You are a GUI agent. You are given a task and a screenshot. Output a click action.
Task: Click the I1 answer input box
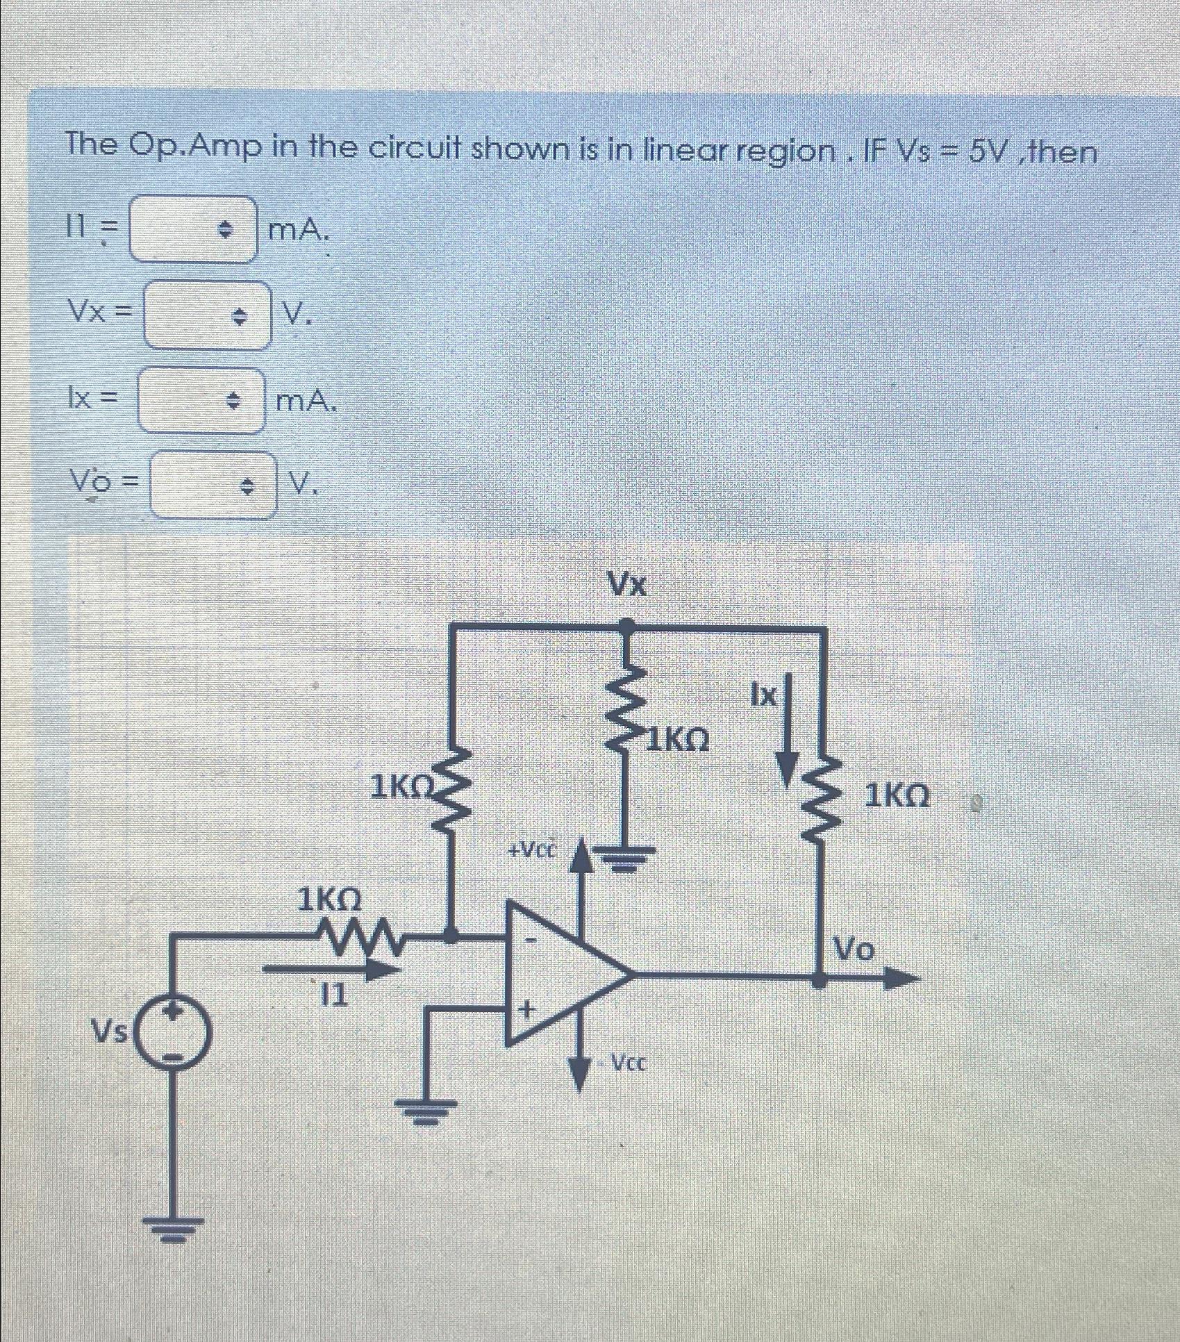click(x=192, y=230)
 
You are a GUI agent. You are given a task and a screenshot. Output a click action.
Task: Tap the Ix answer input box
click(x=201, y=400)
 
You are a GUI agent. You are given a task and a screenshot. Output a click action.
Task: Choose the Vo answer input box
click(x=213, y=485)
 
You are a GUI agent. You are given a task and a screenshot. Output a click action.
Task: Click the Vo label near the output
click(x=855, y=947)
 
